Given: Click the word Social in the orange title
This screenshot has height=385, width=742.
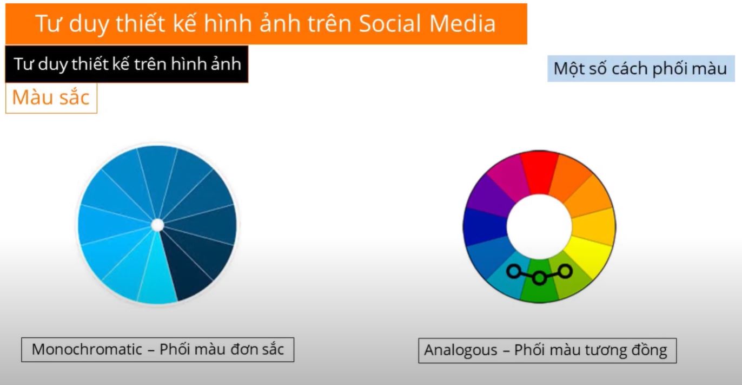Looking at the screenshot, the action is click(389, 23).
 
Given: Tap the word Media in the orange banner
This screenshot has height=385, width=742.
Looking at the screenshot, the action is click(462, 23).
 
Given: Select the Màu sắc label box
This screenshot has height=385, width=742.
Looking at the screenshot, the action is click(51, 98).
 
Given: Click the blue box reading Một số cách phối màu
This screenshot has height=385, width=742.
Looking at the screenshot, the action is click(641, 69).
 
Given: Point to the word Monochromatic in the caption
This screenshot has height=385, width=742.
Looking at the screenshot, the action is click(87, 349).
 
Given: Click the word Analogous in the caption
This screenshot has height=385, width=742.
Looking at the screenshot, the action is click(461, 350).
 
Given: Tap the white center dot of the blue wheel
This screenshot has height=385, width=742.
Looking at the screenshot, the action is click(157, 225).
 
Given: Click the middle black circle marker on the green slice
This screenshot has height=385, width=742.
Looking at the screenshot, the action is click(539, 278).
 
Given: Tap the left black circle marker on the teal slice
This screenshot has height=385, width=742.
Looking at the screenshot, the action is click(514, 272).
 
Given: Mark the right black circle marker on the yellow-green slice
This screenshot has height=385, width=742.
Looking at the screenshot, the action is click(565, 271).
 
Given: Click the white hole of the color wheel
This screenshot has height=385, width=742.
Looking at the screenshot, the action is click(539, 227).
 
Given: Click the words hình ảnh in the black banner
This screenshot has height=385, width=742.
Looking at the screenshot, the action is click(206, 64).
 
